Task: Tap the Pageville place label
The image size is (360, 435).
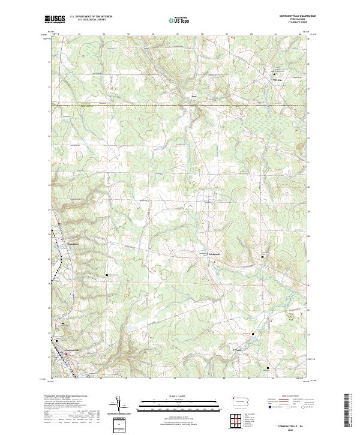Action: click(277, 79)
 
